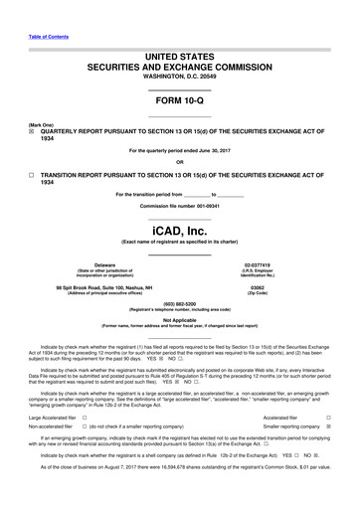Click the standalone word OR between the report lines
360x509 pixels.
tap(179, 163)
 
